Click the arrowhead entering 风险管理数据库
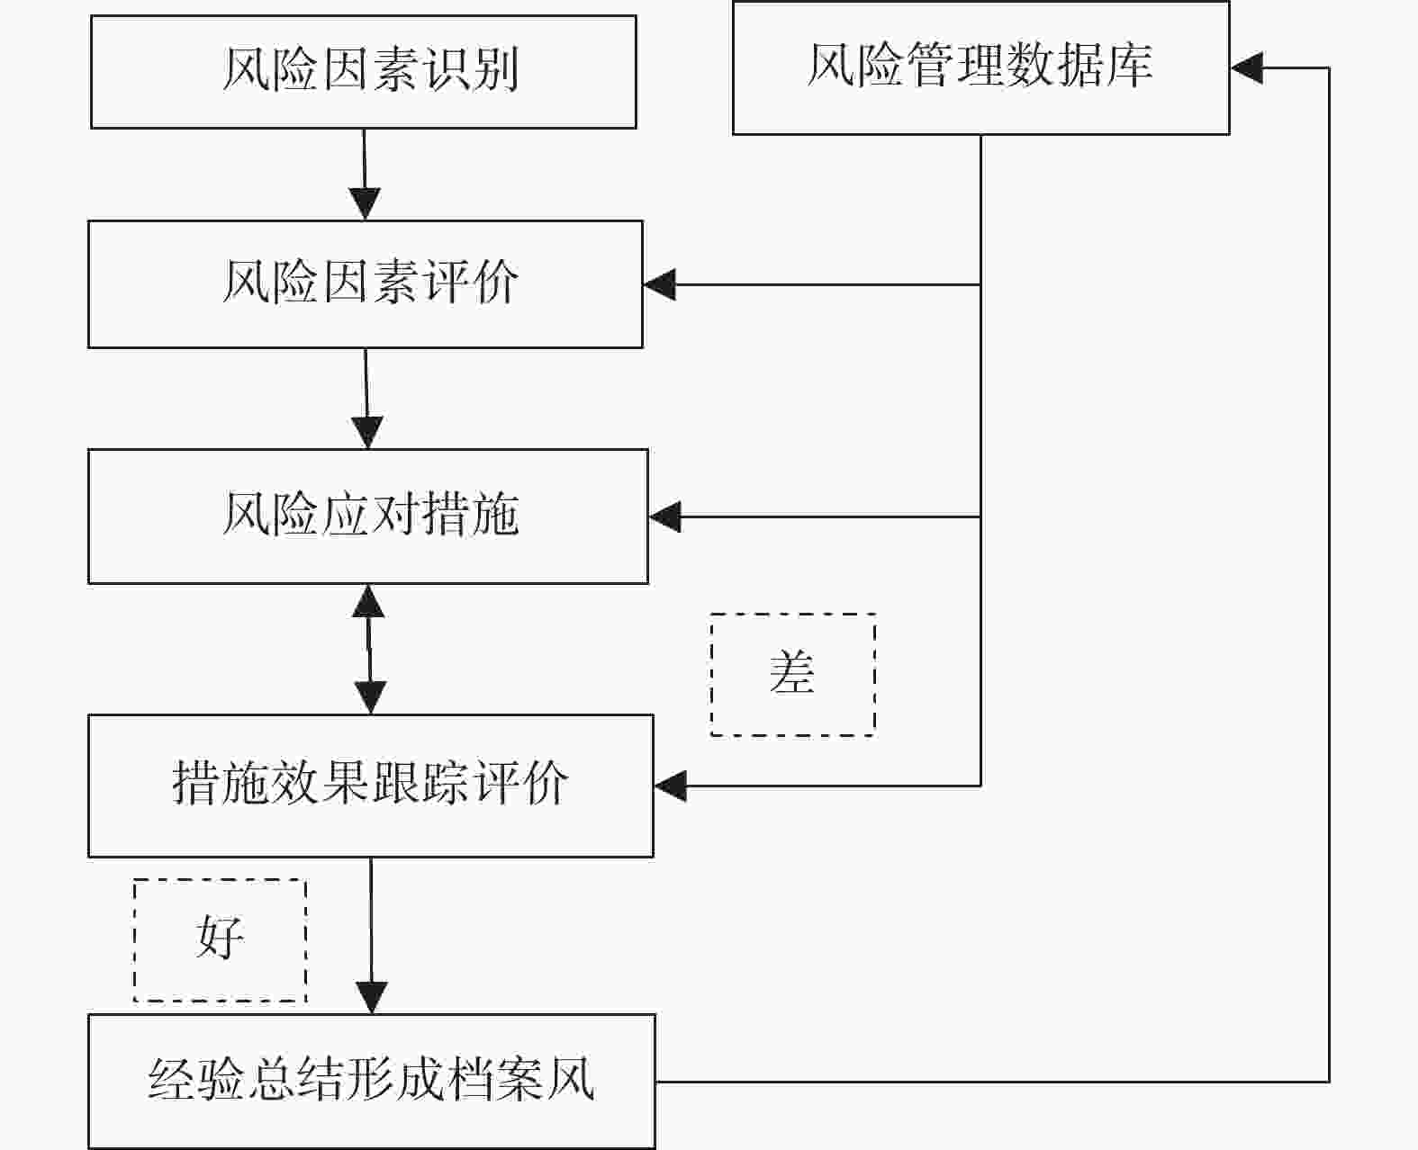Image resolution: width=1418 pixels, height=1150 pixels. (x=1247, y=67)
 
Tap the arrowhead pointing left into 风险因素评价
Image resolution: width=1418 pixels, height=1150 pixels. (x=660, y=284)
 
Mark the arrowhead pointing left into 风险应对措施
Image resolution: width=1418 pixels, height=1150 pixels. (x=665, y=517)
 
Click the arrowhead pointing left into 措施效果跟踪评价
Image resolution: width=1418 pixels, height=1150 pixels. (x=671, y=786)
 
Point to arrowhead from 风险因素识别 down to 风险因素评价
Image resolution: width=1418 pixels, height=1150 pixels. (x=366, y=203)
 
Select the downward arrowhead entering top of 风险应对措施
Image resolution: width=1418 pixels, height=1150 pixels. (x=367, y=432)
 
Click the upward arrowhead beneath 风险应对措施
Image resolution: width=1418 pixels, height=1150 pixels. (x=368, y=601)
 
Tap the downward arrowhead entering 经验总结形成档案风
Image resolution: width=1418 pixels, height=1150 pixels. (x=372, y=998)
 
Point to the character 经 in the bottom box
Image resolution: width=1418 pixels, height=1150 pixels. (x=171, y=1078)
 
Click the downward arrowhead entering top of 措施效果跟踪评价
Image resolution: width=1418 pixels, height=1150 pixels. (x=370, y=698)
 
